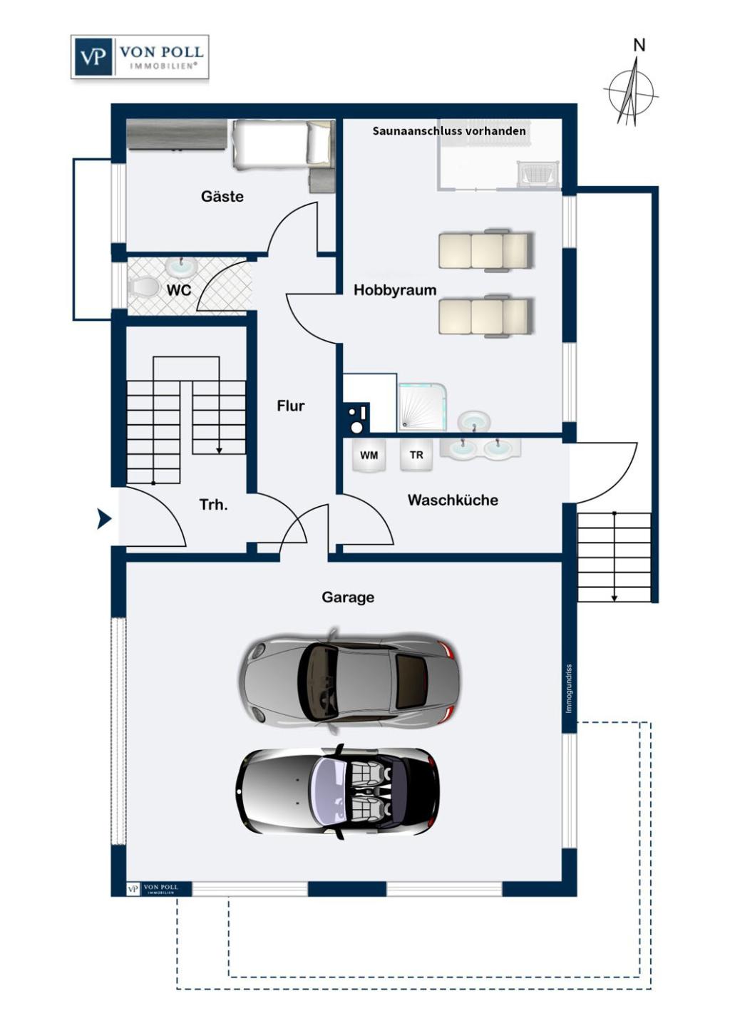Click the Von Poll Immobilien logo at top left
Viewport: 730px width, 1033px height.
coord(140,57)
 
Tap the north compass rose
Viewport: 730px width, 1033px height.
coord(629,92)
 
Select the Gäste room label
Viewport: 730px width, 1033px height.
coord(222,197)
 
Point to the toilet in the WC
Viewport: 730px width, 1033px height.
coord(144,287)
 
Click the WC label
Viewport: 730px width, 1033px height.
coord(178,290)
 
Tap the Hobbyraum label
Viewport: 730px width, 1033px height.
coord(394,290)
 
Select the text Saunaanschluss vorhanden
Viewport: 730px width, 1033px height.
coord(449,131)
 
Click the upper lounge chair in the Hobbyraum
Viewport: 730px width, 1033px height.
coord(485,250)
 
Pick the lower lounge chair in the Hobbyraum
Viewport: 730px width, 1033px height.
coord(485,317)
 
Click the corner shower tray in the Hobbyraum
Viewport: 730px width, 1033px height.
coord(422,407)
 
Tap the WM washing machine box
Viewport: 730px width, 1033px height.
coord(369,456)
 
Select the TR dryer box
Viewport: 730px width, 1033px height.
coord(416,455)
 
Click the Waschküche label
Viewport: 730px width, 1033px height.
coord(453,500)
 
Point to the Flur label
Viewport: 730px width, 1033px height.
coord(290,406)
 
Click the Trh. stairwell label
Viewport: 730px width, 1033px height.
coord(213,505)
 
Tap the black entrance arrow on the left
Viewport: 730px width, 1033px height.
coord(104,520)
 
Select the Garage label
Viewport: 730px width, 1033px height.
coord(347,597)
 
